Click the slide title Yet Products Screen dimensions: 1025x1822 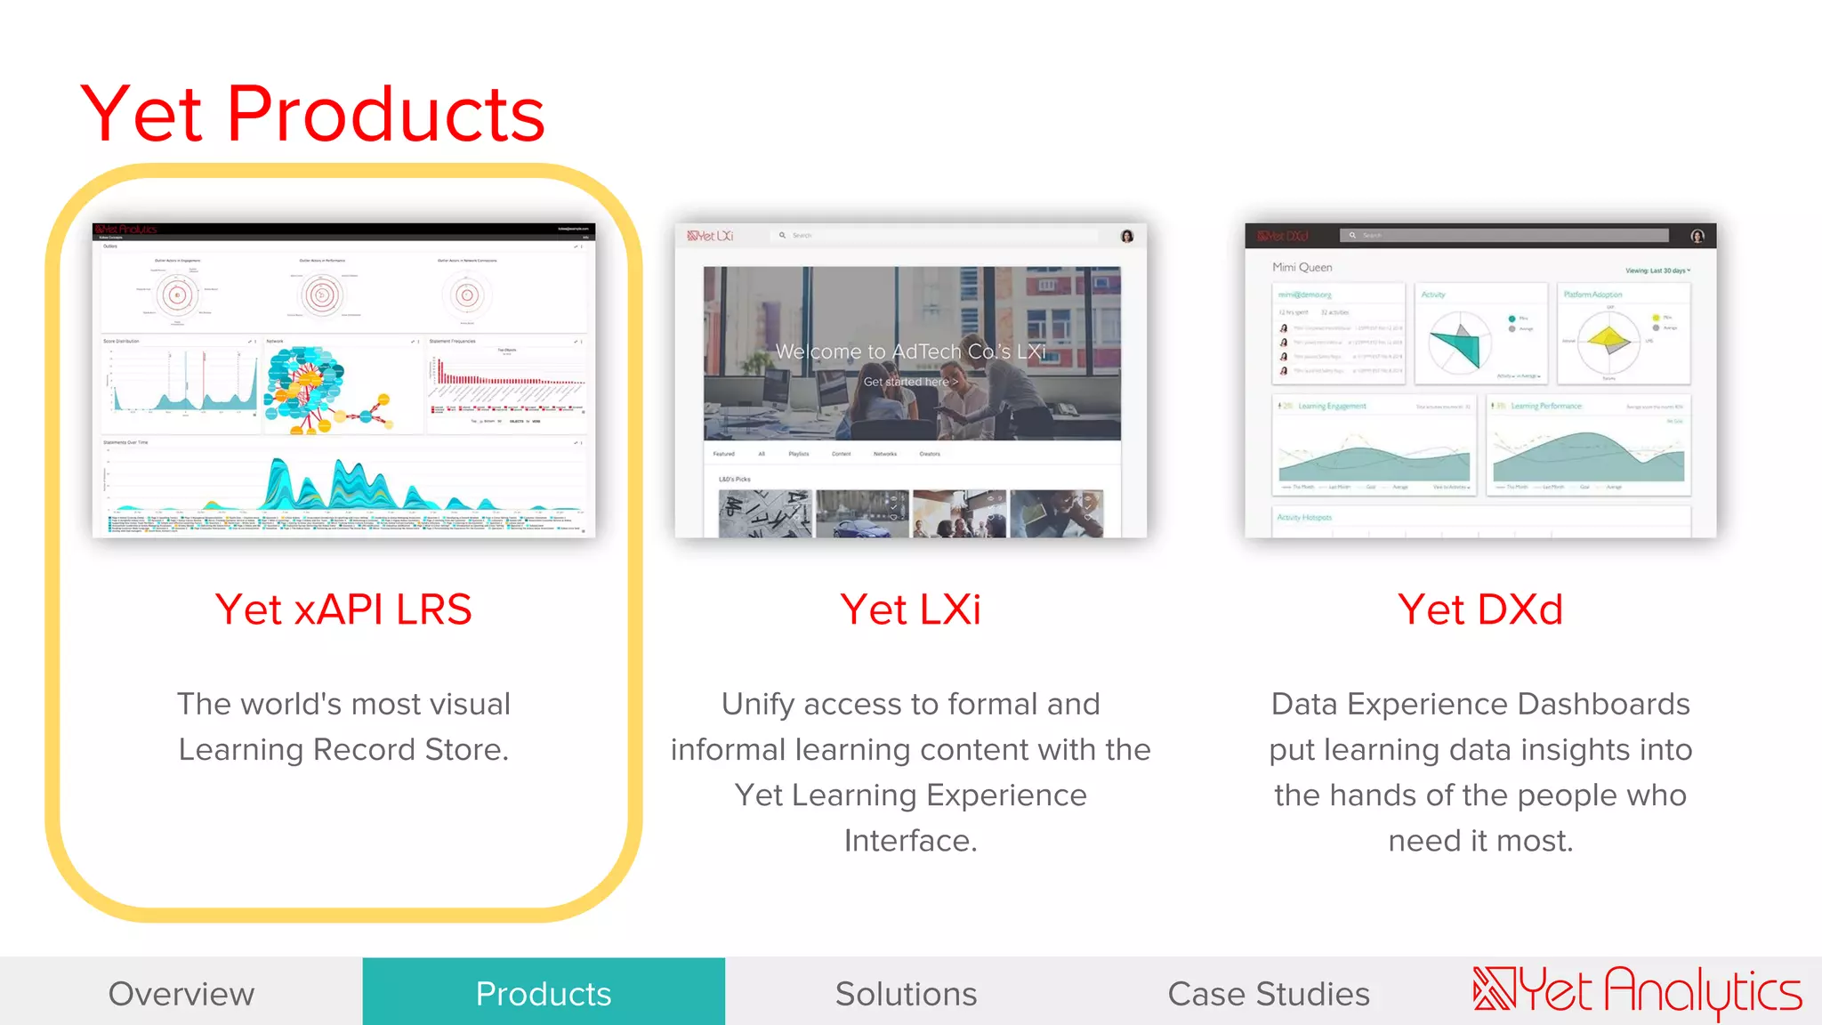point(312,114)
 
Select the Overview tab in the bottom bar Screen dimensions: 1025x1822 point(181,993)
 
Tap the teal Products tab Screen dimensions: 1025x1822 point(544,993)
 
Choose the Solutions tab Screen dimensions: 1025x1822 point(906,993)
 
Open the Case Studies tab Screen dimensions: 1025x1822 point(1268,993)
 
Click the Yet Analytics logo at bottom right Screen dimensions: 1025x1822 point(1637,991)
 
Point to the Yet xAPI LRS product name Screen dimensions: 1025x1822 point(343,609)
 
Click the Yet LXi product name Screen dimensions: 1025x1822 point(910,609)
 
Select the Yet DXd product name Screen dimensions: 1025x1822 point(1479,609)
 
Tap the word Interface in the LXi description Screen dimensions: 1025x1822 point(910,840)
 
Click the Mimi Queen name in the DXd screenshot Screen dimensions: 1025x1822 point(1302,267)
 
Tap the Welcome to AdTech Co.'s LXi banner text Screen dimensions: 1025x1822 point(910,351)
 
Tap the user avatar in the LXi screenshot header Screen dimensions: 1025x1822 point(1127,236)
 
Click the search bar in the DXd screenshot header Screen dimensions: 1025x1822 point(1504,236)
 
